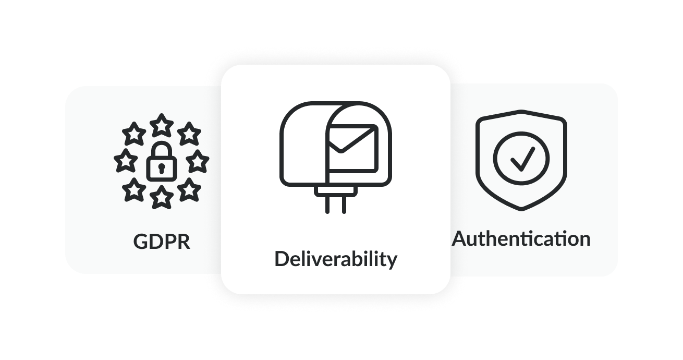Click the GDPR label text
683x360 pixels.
[162, 242]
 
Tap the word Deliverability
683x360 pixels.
[335, 259]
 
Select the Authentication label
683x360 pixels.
[521, 239]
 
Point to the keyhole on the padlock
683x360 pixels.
[162, 167]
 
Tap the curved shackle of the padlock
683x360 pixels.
[162, 148]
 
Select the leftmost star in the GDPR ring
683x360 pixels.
[125, 161]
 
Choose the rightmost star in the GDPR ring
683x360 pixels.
[198, 161]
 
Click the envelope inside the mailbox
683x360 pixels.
[352, 148]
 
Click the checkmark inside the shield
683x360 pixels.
[521, 159]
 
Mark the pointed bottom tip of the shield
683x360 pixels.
[521, 209]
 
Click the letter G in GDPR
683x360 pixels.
[141, 242]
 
